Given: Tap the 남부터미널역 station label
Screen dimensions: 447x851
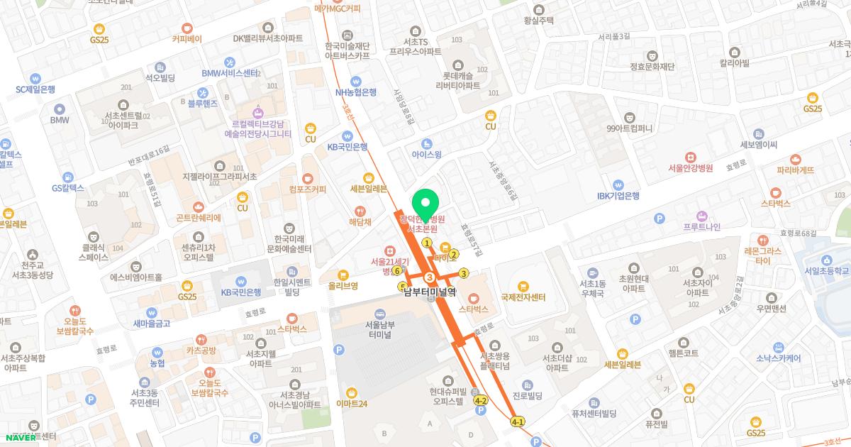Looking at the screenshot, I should [x=430, y=291].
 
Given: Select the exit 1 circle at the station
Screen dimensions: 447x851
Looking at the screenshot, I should [x=427, y=243].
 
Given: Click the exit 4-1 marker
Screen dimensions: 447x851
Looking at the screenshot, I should [x=518, y=422].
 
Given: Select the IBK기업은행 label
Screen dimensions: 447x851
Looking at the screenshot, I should [x=618, y=196].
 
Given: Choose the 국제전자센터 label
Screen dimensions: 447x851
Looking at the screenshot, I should [x=523, y=297].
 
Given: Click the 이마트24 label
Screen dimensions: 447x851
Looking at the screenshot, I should [x=352, y=404].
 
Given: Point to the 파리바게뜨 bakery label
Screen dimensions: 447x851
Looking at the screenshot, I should [x=795, y=170].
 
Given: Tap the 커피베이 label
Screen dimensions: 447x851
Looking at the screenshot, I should [x=187, y=39].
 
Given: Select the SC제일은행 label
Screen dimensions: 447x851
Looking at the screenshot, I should [x=35, y=89].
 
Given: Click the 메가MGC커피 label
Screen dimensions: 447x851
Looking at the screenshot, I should [x=338, y=9].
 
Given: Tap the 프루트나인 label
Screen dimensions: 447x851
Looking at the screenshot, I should [x=701, y=227].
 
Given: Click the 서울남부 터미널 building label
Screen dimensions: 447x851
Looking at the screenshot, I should [x=385, y=331].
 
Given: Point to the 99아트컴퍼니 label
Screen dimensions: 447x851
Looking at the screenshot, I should [x=629, y=128].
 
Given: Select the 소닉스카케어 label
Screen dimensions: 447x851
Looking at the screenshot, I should [x=778, y=358].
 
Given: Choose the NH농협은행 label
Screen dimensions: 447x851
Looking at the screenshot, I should [x=356, y=92].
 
